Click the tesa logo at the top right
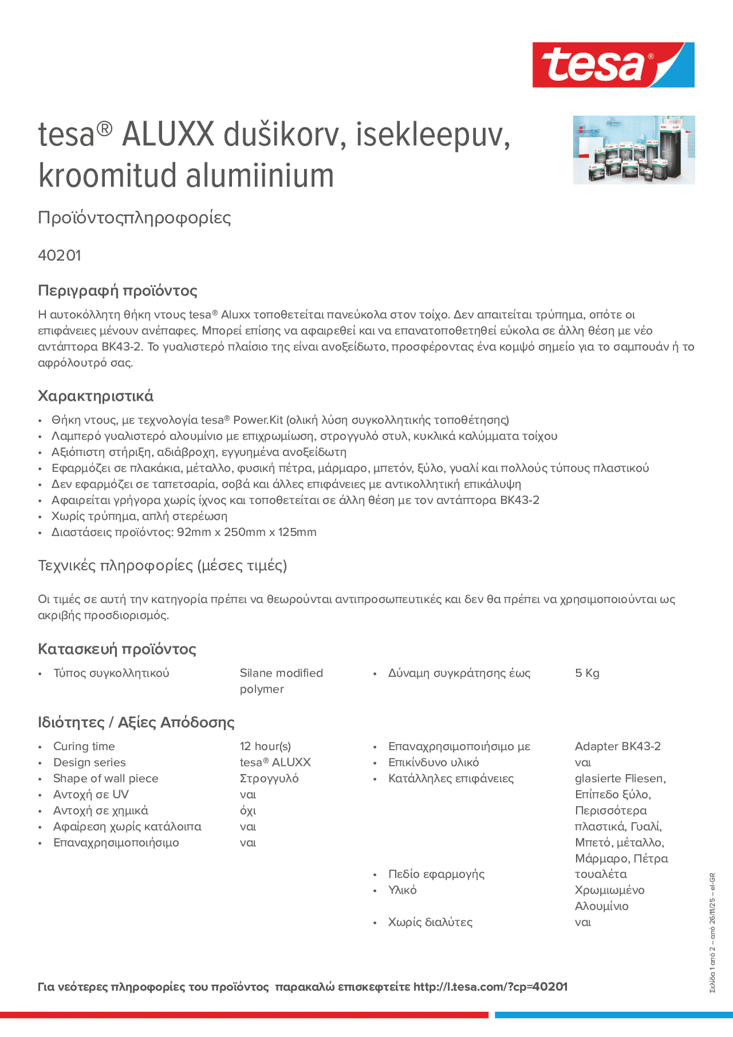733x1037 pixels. click(x=613, y=64)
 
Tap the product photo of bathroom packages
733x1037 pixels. click(x=634, y=149)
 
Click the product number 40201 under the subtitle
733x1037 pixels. click(x=59, y=255)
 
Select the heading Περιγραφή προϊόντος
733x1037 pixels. click(x=117, y=290)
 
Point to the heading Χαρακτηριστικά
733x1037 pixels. click(x=95, y=396)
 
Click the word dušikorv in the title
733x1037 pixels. click(x=285, y=135)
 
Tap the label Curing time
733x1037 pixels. click(x=84, y=746)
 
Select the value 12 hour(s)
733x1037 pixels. click(x=265, y=746)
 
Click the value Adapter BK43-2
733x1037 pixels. click(x=617, y=746)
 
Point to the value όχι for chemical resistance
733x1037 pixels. click(x=248, y=811)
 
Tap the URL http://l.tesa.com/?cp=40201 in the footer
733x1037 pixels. click(x=490, y=987)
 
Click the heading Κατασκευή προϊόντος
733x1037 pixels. click(x=117, y=649)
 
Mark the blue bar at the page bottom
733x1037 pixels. click(x=613, y=1015)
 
